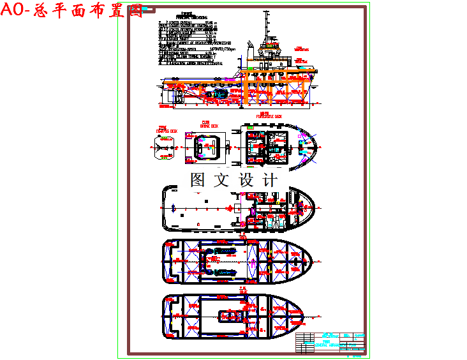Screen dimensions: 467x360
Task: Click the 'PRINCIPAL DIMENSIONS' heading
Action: [x=195, y=18]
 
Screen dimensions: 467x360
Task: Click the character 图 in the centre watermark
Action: [x=198, y=180]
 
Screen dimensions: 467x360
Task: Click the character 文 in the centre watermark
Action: [x=221, y=180]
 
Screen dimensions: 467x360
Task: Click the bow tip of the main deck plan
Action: [x=315, y=206]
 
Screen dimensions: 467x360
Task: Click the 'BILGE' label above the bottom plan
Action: [x=242, y=290]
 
